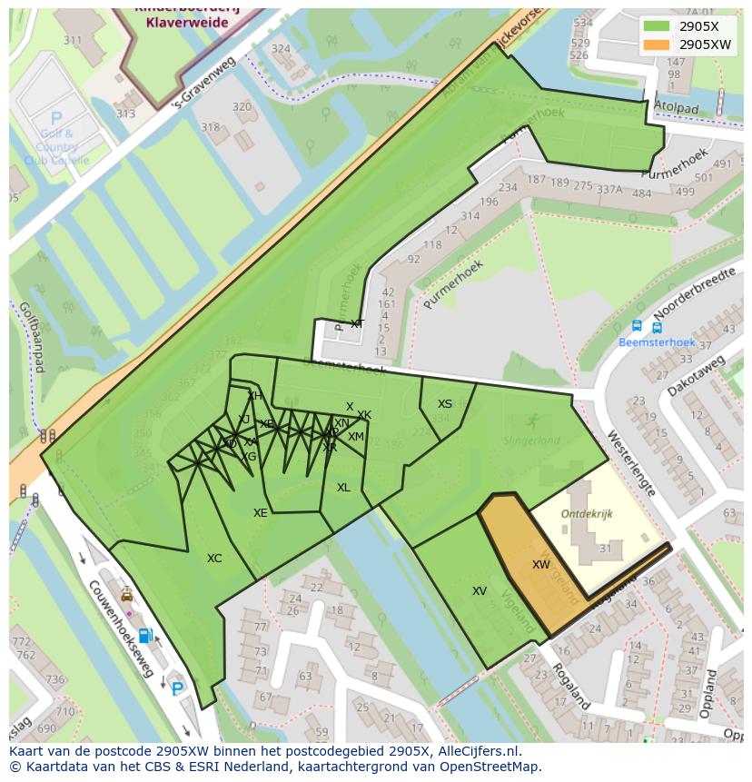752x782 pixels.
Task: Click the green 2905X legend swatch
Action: tap(658, 26)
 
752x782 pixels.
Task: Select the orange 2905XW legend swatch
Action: tap(658, 45)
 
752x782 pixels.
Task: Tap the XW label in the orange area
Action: tap(540, 565)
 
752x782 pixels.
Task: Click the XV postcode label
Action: tap(480, 591)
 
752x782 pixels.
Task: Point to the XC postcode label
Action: tap(214, 559)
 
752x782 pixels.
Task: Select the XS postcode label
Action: tap(445, 404)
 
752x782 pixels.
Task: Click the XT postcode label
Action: tap(357, 324)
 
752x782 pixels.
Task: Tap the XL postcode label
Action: tap(343, 488)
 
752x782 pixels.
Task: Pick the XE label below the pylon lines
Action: tap(261, 513)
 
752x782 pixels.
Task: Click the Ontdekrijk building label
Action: tap(587, 513)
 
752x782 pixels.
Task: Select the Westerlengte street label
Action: tap(632, 462)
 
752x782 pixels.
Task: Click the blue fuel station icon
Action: tap(144, 635)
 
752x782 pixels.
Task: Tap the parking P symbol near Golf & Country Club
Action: tap(56, 118)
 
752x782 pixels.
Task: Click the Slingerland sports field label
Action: tap(532, 440)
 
